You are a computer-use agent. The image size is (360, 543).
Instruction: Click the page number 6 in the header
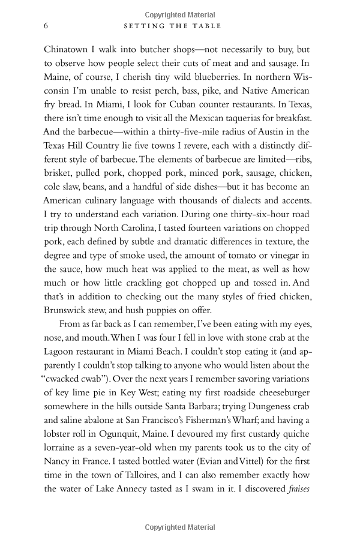(46, 26)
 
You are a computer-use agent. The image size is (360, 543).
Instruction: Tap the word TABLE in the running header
(207, 26)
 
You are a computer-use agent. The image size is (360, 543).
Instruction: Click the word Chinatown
(68, 49)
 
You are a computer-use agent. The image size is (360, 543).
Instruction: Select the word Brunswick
(70, 310)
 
